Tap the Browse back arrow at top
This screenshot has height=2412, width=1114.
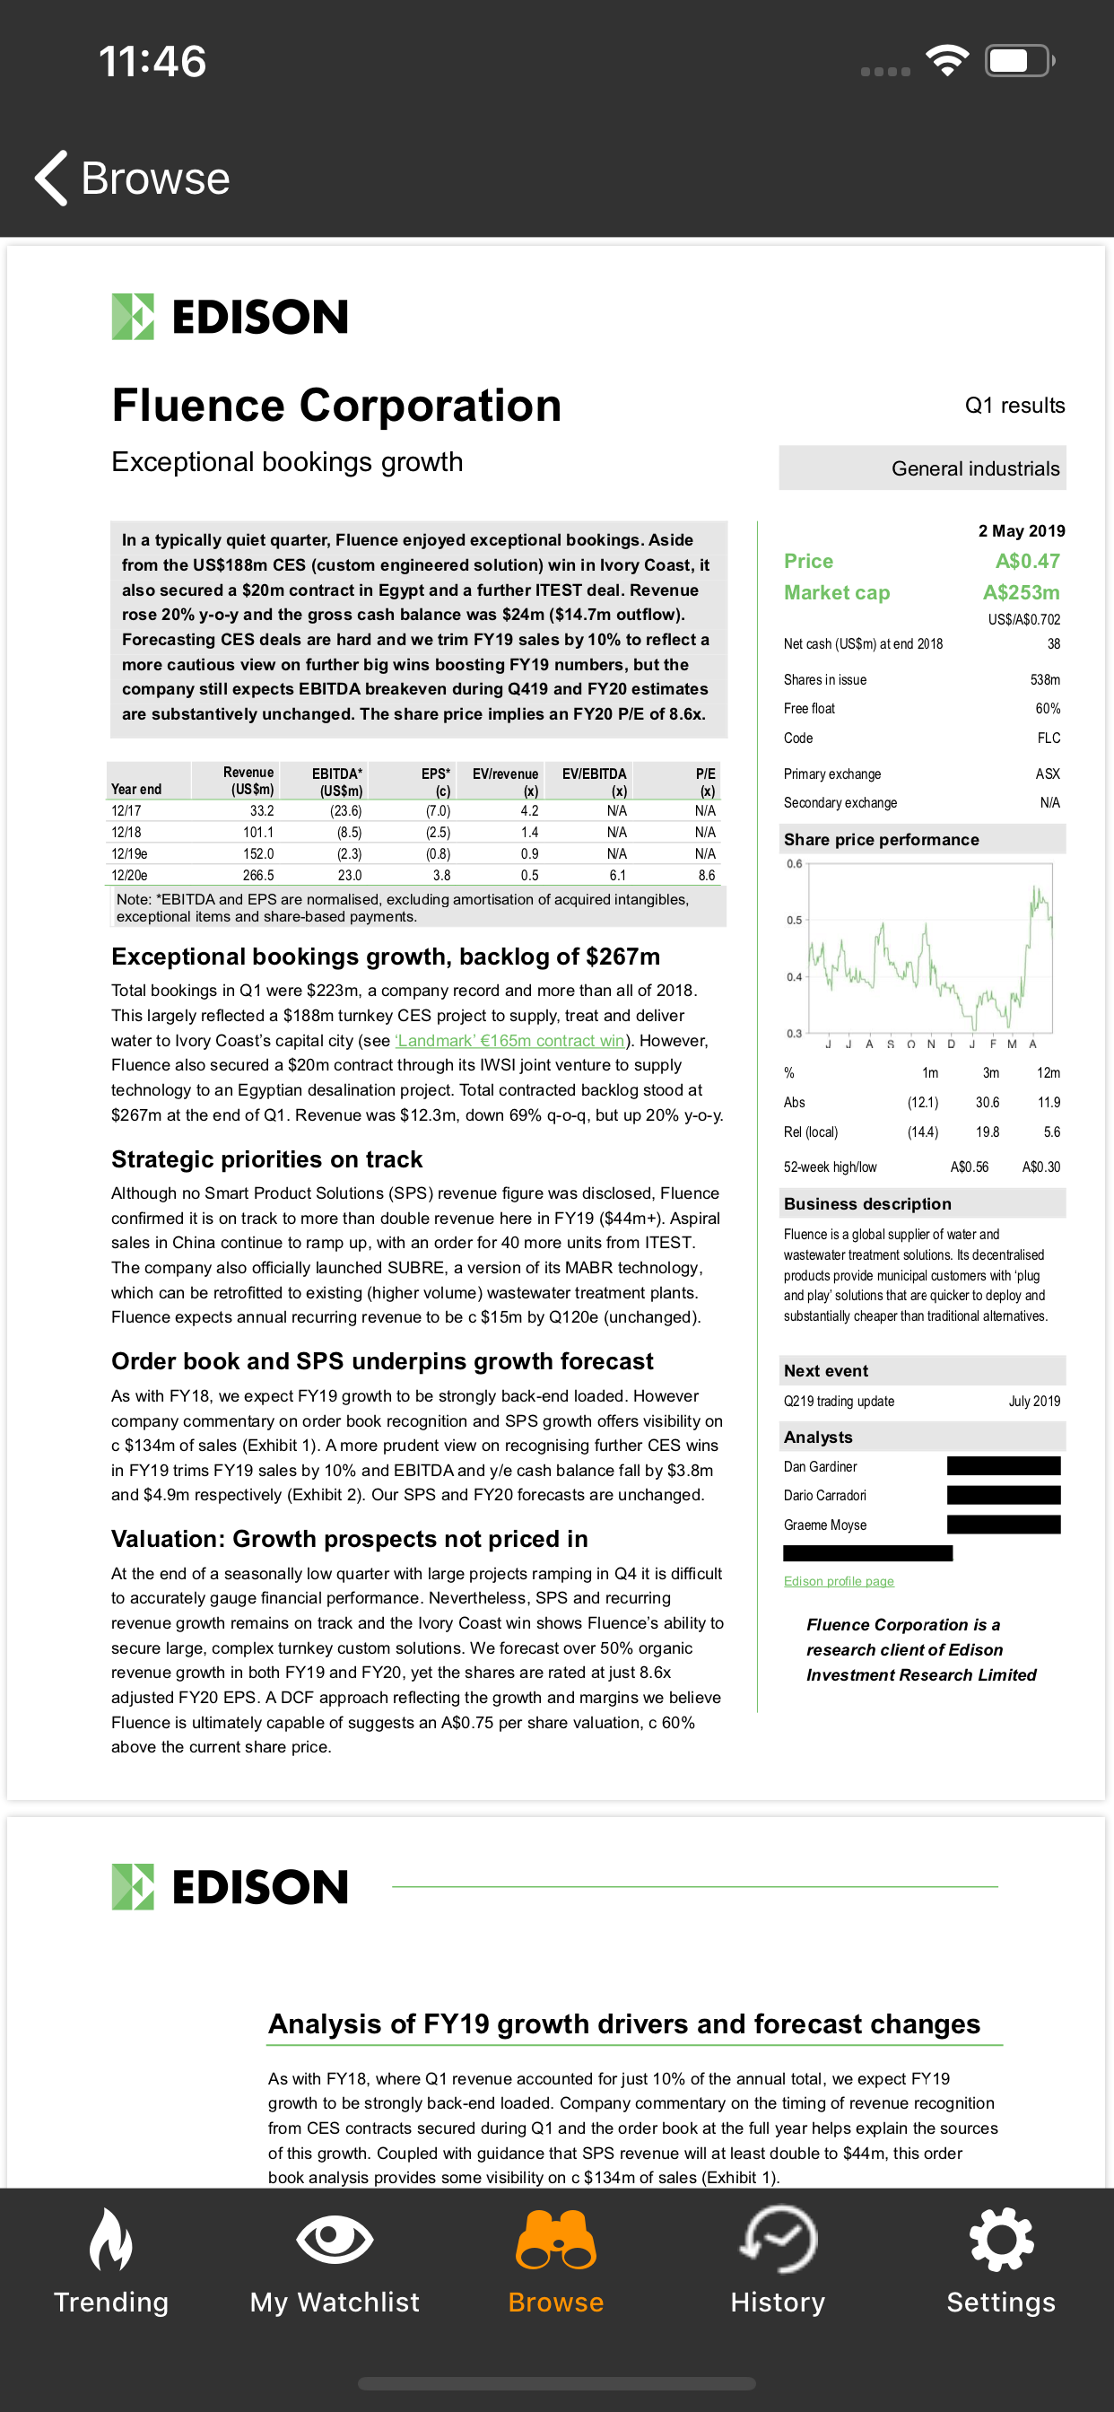pyautogui.click(x=52, y=178)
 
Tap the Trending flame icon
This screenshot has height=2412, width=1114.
pyautogui.click(x=110, y=2239)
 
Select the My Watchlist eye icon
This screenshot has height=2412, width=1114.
pyautogui.click(x=335, y=2239)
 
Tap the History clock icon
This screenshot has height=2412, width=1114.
pyautogui.click(x=778, y=2239)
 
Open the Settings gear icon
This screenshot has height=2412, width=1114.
pyautogui.click(x=1001, y=2239)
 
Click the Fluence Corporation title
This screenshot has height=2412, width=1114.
pyautogui.click(x=336, y=406)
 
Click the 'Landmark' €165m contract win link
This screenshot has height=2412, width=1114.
pyautogui.click(x=510, y=1040)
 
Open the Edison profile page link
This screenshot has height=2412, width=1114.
pyautogui.click(x=838, y=1581)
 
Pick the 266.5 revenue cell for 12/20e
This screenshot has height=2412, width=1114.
pyautogui.click(x=257, y=876)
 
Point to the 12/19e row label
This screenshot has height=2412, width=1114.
pyautogui.click(x=129, y=854)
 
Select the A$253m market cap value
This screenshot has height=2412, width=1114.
pyautogui.click(x=1021, y=593)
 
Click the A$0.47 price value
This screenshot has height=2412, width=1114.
pyautogui.click(x=1027, y=562)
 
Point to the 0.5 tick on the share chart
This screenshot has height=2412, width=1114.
pyautogui.click(x=794, y=921)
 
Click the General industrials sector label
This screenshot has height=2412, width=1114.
pyautogui.click(x=974, y=468)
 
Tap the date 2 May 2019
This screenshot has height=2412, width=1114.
pyautogui.click(x=1021, y=531)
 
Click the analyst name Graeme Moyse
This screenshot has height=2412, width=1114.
pyautogui.click(x=824, y=1525)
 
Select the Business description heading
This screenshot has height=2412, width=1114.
pyautogui.click(x=866, y=1204)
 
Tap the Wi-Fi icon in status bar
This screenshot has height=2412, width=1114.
pyautogui.click(x=946, y=61)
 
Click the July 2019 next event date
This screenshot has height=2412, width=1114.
pyautogui.click(x=1033, y=1402)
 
